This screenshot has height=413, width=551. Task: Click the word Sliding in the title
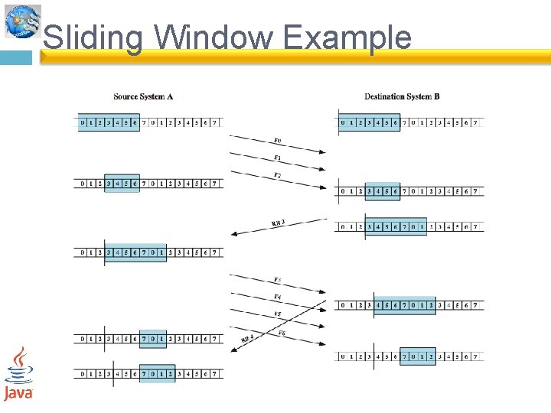tap(93, 37)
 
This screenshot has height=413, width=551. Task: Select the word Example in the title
tap(347, 37)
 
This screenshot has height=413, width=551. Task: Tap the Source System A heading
tap(143, 96)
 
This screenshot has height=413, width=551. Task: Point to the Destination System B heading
tap(402, 96)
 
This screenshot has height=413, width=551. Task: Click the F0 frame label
tap(277, 141)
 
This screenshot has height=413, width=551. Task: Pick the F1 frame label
tap(277, 158)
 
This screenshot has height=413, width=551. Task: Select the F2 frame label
tap(277, 176)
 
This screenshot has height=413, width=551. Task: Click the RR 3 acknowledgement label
tap(279, 223)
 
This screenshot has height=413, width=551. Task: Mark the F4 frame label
tap(277, 297)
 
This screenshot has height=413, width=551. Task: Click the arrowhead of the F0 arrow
tap(322, 152)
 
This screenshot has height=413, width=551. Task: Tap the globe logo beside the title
tap(21, 21)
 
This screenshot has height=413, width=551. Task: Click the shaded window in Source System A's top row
tap(109, 122)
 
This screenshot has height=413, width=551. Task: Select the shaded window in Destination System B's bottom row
tap(418, 356)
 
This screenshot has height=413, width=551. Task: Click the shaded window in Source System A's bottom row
tap(157, 374)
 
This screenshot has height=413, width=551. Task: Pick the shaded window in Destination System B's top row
tap(370, 122)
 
